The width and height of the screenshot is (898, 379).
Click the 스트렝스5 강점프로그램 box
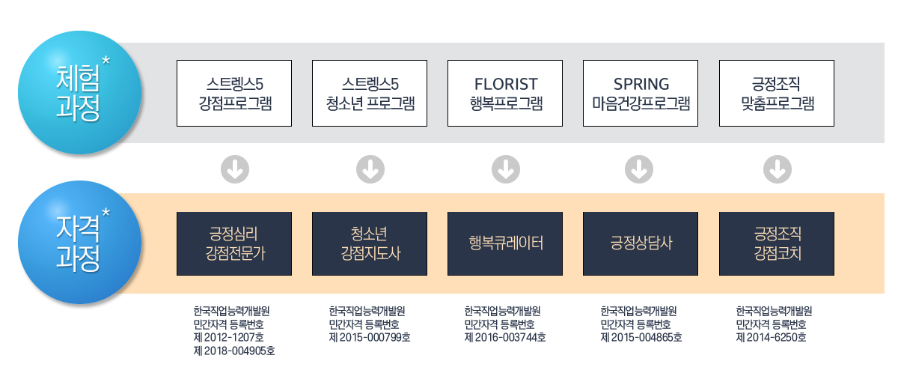[x=234, y=94]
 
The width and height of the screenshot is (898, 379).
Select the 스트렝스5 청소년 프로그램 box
[x=370, y=94]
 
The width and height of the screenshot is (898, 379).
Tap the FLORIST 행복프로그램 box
[x=505, y=94]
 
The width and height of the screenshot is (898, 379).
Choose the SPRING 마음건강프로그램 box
[x=641, y=94]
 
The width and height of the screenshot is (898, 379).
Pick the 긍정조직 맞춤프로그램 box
[x=777, y=94]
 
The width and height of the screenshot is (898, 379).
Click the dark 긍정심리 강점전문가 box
[x=234, y=243]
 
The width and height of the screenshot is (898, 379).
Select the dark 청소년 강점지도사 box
[x=370, y=243]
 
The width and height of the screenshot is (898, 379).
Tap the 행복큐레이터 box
[x=505, y=243]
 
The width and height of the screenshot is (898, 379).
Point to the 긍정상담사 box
[x=641, y=243]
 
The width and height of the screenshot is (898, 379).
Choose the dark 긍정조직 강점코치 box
[x=777, y=243]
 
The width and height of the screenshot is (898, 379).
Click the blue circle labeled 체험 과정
[x=80, y=93]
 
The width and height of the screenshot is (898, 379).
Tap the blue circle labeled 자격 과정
[x=80, y=242]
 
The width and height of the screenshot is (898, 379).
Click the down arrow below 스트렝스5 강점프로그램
[x=235, y=169]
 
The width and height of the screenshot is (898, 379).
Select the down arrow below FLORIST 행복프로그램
[x=506, y=169]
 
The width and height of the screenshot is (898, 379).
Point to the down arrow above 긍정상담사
[x=639, y=169]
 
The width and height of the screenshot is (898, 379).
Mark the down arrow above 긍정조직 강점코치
[x=778, y=169]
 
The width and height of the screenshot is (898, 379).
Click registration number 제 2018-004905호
[x=234, y=351]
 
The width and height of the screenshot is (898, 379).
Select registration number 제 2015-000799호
[x=370, y=337]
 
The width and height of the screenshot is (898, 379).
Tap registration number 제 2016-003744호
[x=505, y=337]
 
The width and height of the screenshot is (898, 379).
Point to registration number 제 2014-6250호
[x=771, y=337]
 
